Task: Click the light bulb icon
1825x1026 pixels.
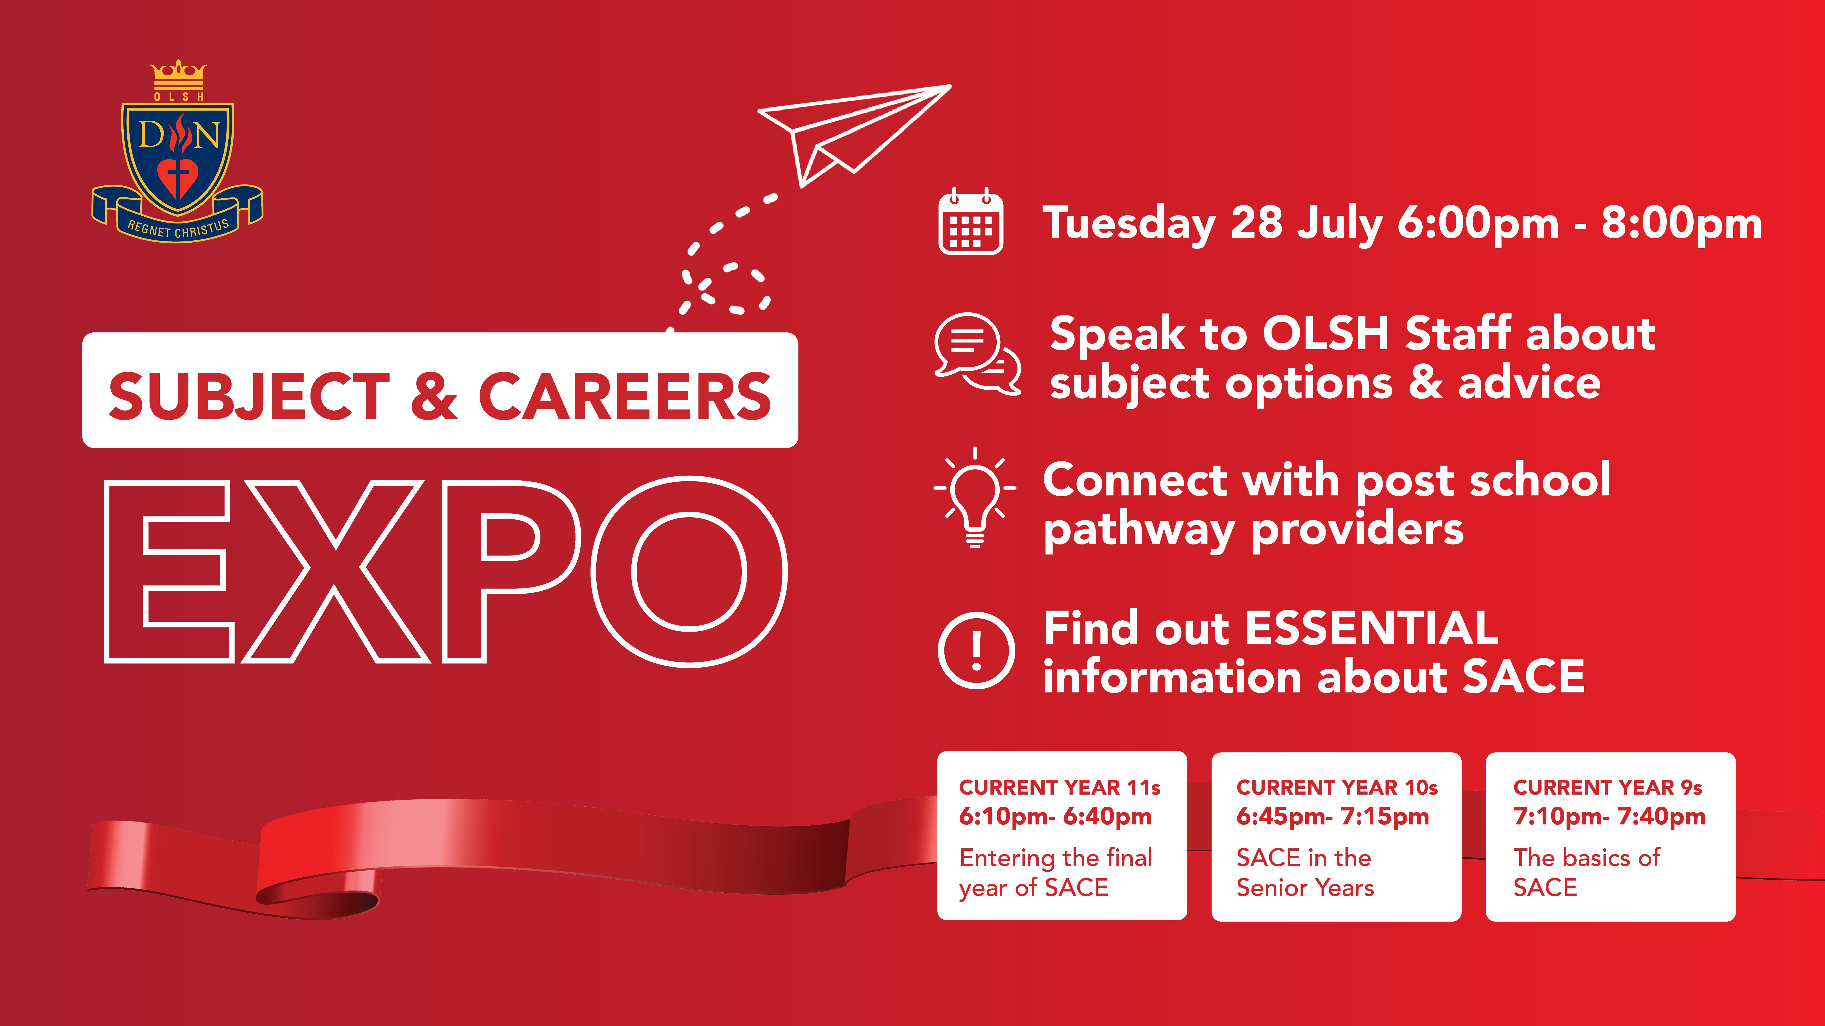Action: [975, 498]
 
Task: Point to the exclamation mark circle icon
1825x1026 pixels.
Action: [976, 650]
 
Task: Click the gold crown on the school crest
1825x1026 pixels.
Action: [179, 73]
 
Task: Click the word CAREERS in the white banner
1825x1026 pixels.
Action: [625, 396]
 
